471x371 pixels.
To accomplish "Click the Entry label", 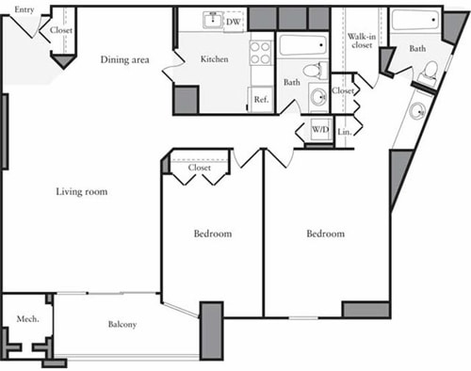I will (x=24, y=9).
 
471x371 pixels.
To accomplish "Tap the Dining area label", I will (x=125, y=60).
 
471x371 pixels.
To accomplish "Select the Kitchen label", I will (x=214, y=59).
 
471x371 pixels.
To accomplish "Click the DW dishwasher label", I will (x=232, y=20).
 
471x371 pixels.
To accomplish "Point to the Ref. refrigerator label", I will (x=260, y=100).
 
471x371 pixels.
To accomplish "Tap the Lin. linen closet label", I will (x=344, y=132).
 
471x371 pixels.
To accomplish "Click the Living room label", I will (x=81, y=192).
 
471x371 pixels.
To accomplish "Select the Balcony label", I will (x=122, y=325).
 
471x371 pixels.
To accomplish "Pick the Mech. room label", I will (x=27, y=319).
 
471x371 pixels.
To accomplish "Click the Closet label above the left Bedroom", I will (x=199, y=168).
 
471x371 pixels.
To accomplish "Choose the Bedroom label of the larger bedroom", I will (x=325, y=234).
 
